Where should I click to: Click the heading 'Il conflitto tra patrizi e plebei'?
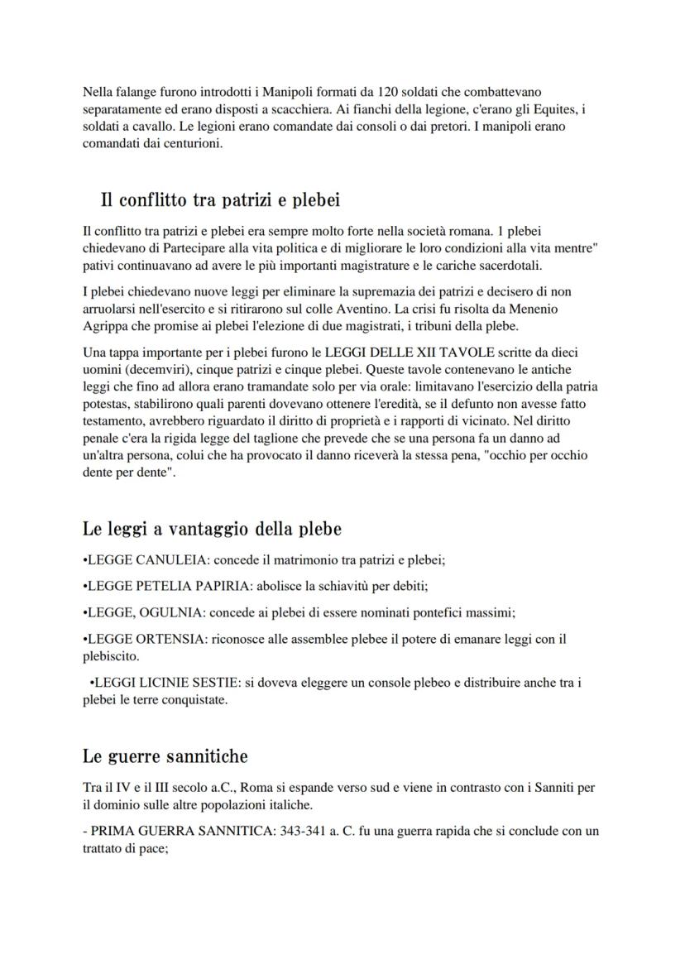coord(220,200)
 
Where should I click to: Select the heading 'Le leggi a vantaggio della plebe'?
coord(212,528)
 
